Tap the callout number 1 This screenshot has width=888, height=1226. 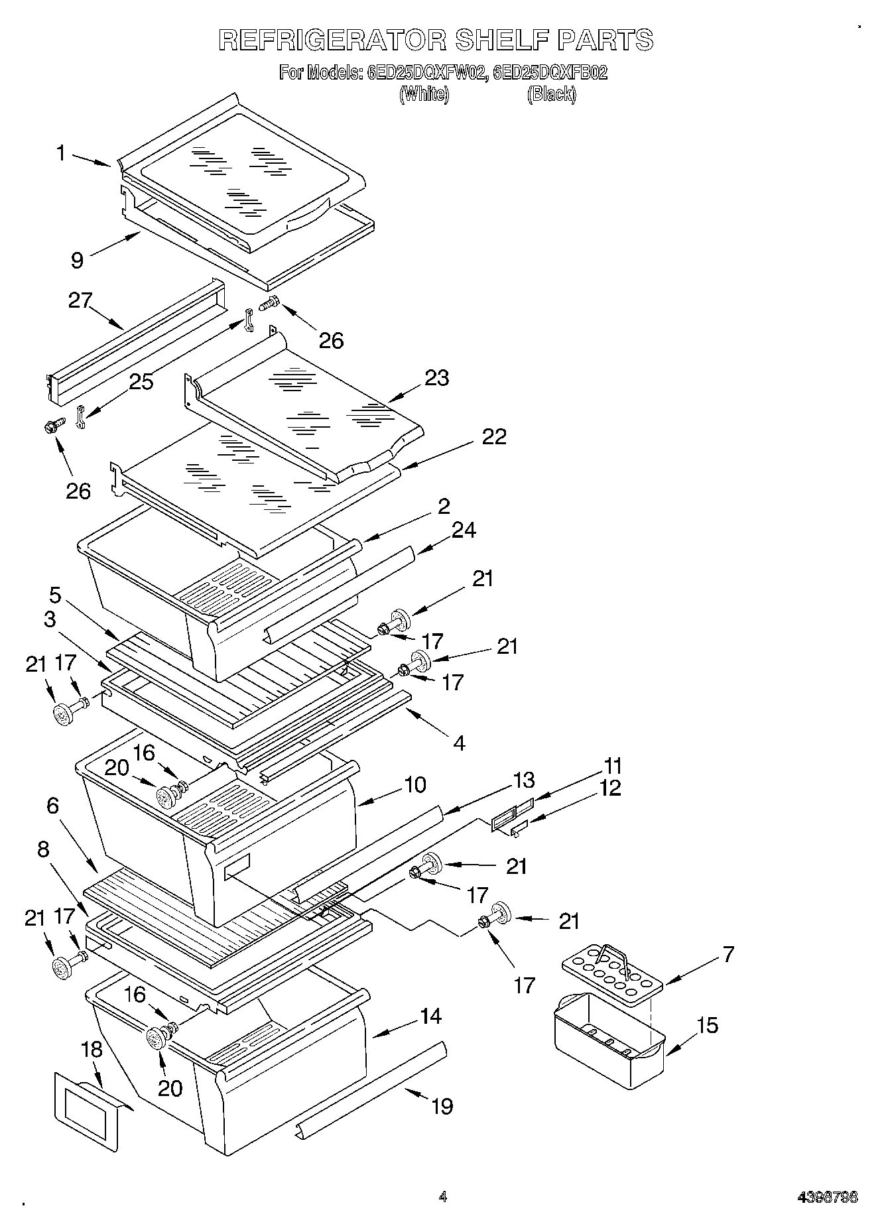61,154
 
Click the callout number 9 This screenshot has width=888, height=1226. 78,261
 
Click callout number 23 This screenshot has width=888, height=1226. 437,378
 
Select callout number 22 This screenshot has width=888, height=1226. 494,436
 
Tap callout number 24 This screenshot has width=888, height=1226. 464,530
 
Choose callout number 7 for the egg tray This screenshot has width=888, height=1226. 728,954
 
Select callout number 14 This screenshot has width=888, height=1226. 431,1016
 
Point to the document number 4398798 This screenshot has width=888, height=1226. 827,1197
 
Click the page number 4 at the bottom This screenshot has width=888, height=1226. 442,1197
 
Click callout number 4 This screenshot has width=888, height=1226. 459,743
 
